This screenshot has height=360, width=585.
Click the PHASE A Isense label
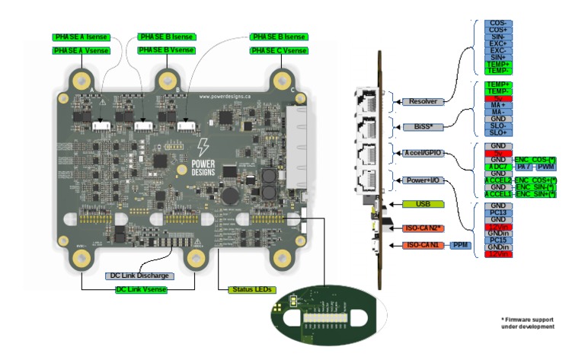coord(82,37)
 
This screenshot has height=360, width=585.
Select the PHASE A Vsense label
coord(81,50)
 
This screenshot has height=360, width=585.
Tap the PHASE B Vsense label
coord(166,50)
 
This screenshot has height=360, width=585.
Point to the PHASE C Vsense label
coord(278,50)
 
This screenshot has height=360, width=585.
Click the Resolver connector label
coord(422,100)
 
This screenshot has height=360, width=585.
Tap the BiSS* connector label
coord(420,127)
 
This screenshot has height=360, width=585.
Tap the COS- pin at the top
coord(498,24)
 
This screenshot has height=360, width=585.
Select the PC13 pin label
coord(498,213)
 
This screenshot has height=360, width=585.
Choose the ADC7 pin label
coord(498,165)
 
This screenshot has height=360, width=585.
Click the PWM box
coord(546,165)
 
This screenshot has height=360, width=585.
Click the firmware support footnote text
coord(527,323)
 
